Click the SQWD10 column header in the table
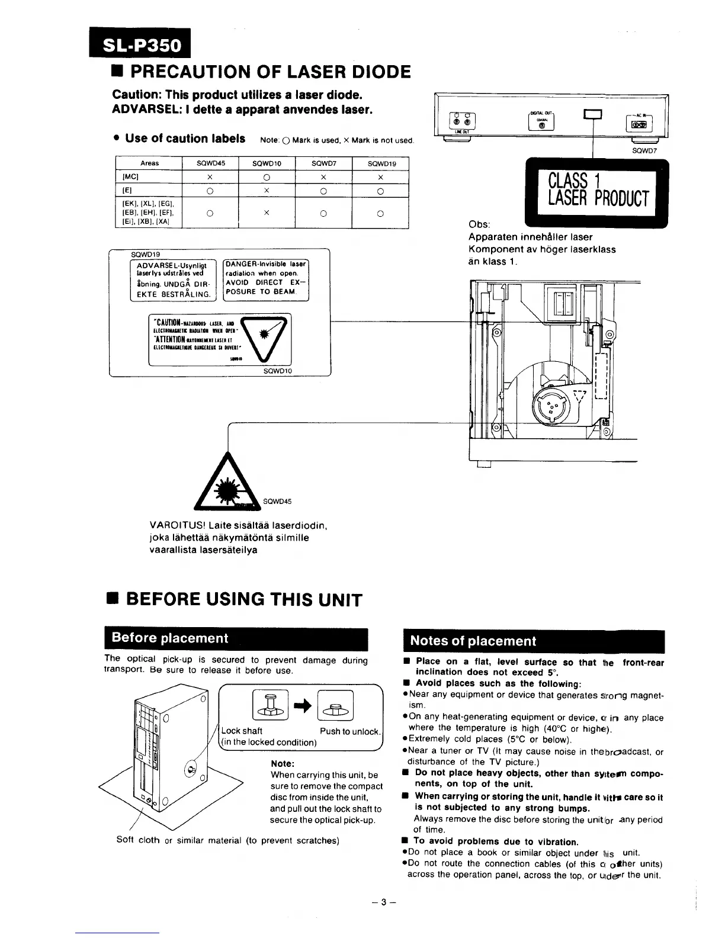[x=267, y=163]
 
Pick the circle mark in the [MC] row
[x=267, y=177]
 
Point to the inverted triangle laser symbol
[x=265, y=338]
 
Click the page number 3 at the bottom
[x=383, y=902]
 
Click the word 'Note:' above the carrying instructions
[x=283, y=763]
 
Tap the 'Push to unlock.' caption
[x=350, y=731]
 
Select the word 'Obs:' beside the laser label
[x=479, y=224]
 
